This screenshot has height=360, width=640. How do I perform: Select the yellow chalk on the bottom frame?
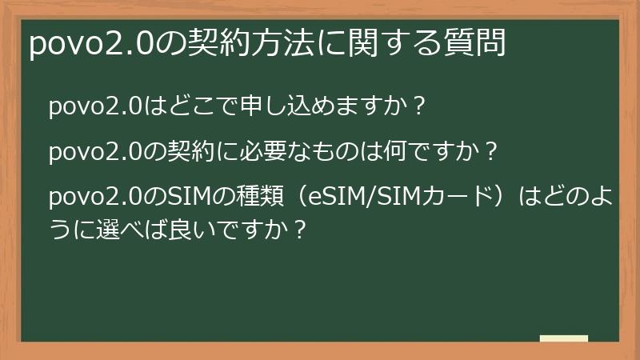coord(564,339)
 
